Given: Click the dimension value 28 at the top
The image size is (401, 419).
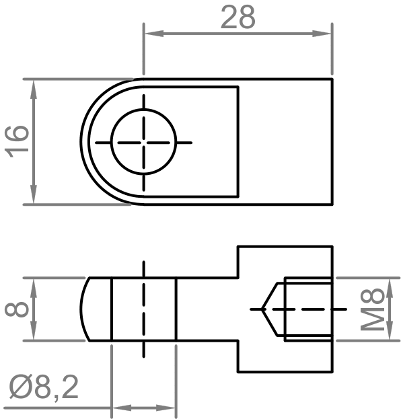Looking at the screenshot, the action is (238, 17).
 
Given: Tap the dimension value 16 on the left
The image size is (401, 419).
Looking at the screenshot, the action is (17, 141).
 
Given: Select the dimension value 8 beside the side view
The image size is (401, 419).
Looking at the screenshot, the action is (17, 309).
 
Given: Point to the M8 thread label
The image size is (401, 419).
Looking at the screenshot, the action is (372, 309).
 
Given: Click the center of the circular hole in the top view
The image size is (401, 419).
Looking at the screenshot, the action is (144, 142).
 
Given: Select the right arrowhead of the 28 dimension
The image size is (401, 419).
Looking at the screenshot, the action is (322, 34).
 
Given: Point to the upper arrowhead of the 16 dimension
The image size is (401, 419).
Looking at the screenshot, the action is (34, 89).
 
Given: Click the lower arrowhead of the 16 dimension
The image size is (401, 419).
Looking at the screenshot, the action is (34, 194).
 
